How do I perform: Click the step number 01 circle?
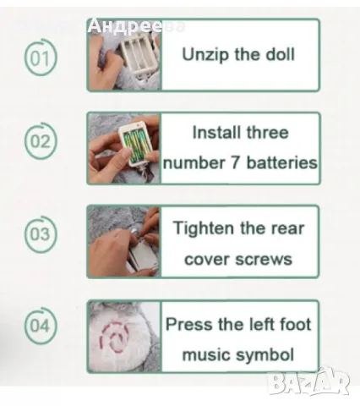pyautogui.click(x=41, y=58)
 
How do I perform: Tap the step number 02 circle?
pyautogui.click(x=41, y=141)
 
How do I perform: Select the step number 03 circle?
pyautogui.click(x=41, y=234)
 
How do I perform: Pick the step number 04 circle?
pyautogui.click(x=41, y=326)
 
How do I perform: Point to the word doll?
pyautogui.click(x=280, y=54)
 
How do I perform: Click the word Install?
pyautogui.click(x=216, y=132)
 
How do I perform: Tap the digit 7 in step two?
pyautogui.click(x=236, y=163)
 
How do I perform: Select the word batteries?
pyautogui.click(x=281, y=162)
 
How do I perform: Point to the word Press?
pyautogui.click(x=189, y=324)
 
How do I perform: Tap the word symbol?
pyautogui.click(x=265, y=355)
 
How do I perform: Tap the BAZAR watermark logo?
pyautogui.click(x=308, y=382)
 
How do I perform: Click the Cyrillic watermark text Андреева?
pyautogui.click(x=136, y=27)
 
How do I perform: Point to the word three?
pyautogui.click(x=268, y=132)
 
